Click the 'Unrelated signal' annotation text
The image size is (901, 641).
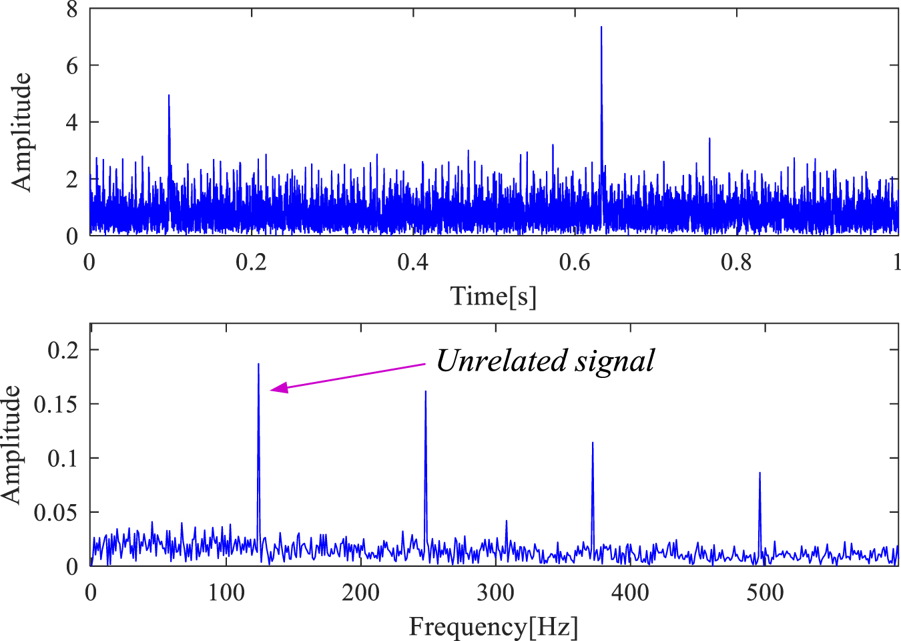545,361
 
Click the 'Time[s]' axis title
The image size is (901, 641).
493,296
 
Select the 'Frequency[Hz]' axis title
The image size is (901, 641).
493,627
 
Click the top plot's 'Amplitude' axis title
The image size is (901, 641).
21,132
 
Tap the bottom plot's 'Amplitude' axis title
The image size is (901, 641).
12,445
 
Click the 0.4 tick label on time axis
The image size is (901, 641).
412,262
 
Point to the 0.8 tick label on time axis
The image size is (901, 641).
736,262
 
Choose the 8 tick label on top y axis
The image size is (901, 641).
72,9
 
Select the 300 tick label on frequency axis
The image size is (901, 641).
495,592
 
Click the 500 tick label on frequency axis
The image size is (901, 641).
765,592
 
